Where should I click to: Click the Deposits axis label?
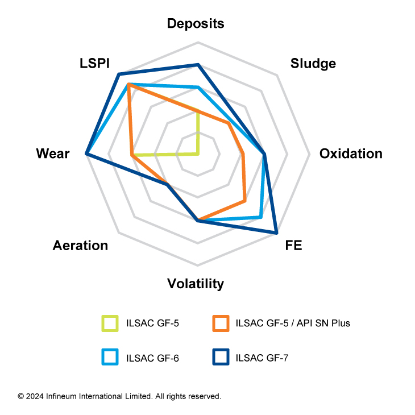(195, 23)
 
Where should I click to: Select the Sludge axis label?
(313, 63)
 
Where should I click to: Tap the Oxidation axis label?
(350, 153)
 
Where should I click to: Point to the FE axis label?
(294, 246)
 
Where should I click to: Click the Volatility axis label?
(195, 284)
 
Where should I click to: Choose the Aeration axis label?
(80, 246)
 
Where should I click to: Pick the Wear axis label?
(52, 153)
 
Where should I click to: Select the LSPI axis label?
(94, 63)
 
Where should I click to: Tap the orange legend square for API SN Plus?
(220, 323)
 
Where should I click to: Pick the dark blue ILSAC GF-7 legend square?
(220, 357)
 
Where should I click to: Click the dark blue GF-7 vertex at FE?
(277, 233)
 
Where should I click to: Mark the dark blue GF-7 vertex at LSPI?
(118, 74)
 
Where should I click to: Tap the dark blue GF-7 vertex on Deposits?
(198, 65)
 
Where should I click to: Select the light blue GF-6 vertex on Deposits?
(198, 87)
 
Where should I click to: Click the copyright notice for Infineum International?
(119, 396)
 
